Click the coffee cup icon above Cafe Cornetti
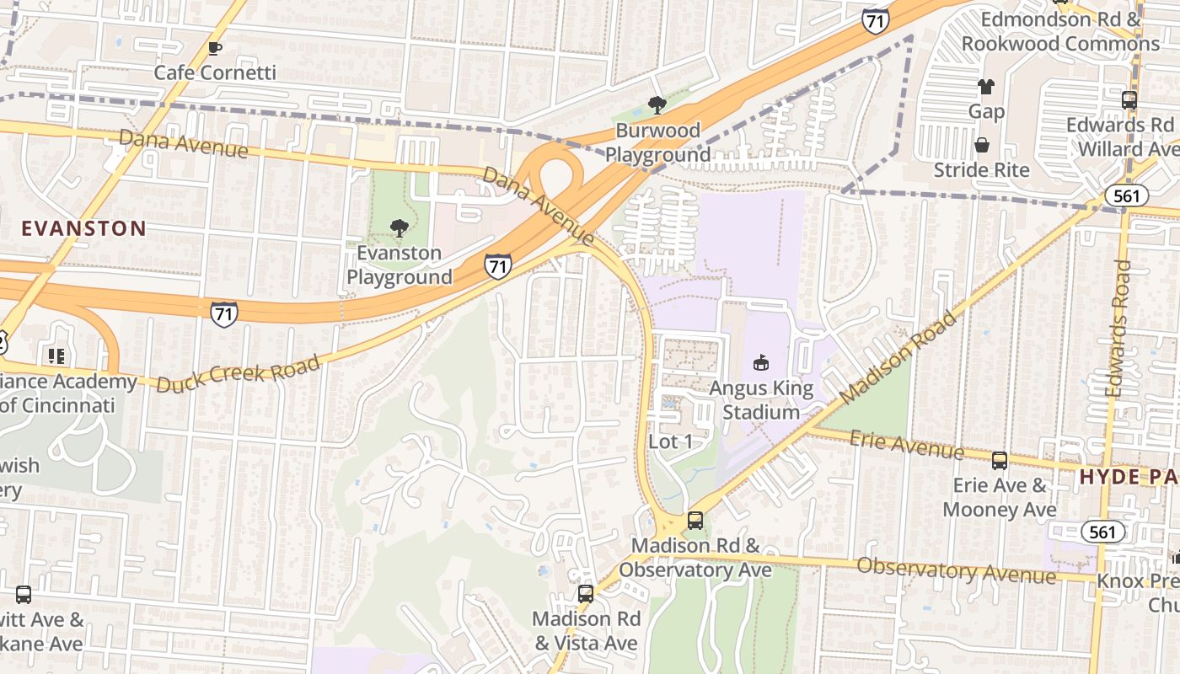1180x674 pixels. click(215, 48)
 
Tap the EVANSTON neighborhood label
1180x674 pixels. click(83, 228)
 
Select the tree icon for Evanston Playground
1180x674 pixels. click(399, 228)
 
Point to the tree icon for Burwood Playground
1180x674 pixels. click(657, 105)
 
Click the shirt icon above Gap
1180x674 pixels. click(986, 86)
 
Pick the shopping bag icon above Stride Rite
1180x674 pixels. click(982, 145)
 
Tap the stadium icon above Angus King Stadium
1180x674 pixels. click(761, 363)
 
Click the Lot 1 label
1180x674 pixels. click(670, 441)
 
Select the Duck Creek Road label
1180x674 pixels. click(239, 374)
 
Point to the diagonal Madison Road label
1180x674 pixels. click(899, 357)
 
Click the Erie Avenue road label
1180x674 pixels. click(906, 443)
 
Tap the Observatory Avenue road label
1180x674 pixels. click(956, 570)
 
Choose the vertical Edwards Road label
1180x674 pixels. click(1118, 328)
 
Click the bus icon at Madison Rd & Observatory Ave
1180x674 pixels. click(695, 521)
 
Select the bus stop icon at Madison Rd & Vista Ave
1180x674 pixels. click(585, 594)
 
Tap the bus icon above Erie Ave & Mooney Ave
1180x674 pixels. click(1000, 461)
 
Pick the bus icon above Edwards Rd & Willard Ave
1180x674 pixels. click(1129, 99)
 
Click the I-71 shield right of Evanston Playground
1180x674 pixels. click(498, 266)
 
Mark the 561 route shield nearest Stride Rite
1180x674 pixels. click(1125, 196)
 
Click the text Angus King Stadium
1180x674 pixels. click(761, 400)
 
